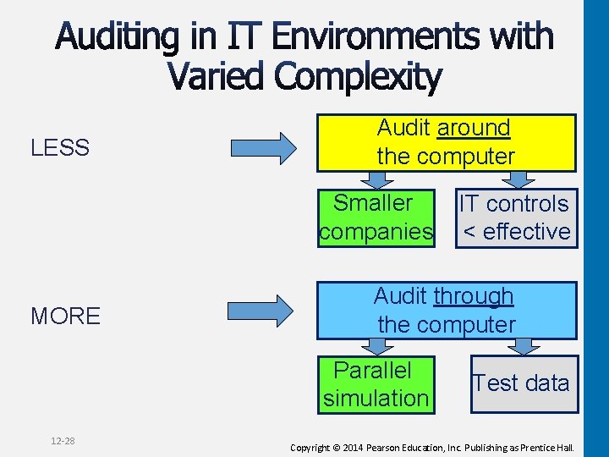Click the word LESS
(x=60, y=148)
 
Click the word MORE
(x=65, y=317)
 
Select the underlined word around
(x=474, y=129)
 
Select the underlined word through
(x=473, y=296)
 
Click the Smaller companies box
(x=376, y=217)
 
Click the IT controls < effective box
(x=515, y=217)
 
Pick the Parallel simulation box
(x=376, y=384)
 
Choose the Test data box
(x=523, y=383)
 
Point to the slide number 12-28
(x=63, y=441)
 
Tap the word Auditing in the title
(x=118, y=38)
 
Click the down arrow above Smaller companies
(x=376, y=179)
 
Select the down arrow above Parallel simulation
(x=375, y=346)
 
